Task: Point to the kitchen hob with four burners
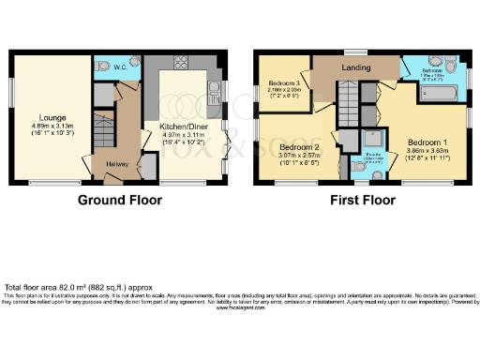pyautogui.click(x=178, y=65)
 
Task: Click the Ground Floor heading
pyautogui.click(x=120, y=201)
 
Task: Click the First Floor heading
pyautogui.click(x=360, y=201)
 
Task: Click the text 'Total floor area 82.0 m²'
pyautogui.click(x=56, y=287)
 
